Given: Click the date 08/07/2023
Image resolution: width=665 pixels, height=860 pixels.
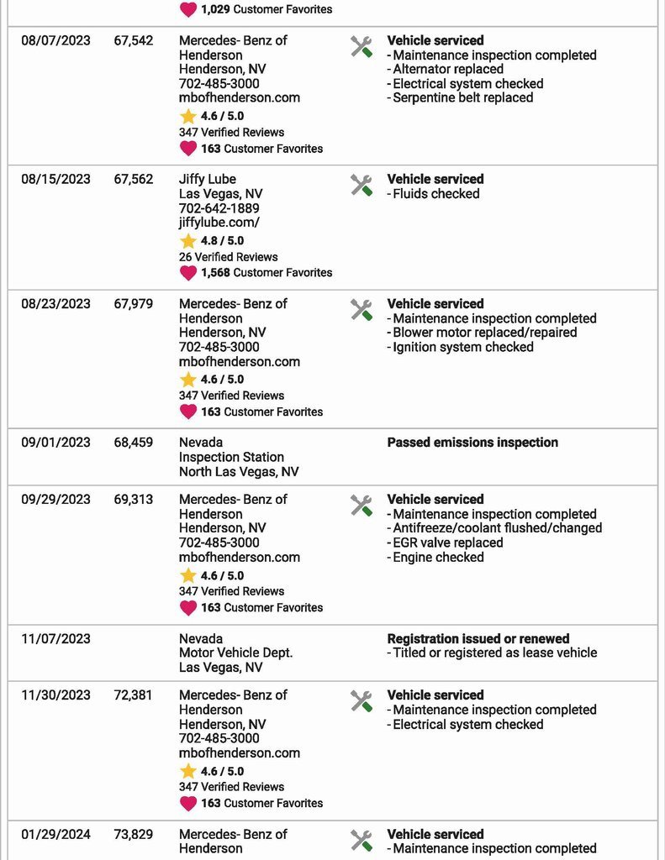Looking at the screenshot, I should [55, 40].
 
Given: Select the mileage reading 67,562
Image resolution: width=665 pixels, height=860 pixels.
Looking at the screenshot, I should [134, 179].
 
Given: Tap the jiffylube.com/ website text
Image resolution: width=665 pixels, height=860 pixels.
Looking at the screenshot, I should [219, 223].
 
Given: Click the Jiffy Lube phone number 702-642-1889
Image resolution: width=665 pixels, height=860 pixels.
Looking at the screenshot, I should [219, 208].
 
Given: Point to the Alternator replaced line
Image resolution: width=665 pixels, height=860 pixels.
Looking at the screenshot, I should [447, 70].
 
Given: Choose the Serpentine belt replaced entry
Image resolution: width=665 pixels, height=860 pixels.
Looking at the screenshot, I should [462, 97].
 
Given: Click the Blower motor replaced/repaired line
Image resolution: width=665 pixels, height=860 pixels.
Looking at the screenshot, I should [484, 333].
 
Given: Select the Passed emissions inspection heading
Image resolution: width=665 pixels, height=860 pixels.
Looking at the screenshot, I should [472, 443].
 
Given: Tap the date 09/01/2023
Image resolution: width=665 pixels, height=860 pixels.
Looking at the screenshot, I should [55, 443].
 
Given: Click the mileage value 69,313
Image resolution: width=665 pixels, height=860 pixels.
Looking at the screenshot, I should [134, 500].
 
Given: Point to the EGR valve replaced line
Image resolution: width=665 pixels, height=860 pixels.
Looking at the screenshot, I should [447, 543].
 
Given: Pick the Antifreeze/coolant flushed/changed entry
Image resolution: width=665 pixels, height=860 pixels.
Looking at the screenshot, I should [497, 528].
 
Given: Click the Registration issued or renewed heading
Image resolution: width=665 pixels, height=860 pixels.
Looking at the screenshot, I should [478, 639].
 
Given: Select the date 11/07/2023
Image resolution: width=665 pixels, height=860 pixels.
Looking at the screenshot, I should [55, 639].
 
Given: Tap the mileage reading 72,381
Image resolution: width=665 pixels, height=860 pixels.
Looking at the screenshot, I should [134, 695].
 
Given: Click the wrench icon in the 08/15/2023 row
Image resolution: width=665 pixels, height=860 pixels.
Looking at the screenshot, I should [362, 186].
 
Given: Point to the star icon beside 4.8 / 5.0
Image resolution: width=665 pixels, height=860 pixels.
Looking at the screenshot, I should [187, 241].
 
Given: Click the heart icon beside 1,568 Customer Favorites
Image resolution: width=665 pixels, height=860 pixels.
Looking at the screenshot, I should [188, 272].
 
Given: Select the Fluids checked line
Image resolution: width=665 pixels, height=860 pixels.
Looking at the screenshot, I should [435, 194].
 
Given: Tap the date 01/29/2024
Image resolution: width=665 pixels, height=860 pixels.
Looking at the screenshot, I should [55, 835].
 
